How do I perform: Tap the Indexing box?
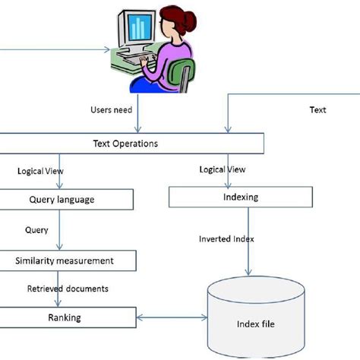pos(242,197)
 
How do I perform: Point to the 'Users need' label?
pos(111,110)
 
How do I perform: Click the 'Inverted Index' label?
pos(226,238)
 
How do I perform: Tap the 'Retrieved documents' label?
pos(68,289)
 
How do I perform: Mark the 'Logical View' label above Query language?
pos(39,171)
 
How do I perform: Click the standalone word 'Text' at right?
pos(317,110)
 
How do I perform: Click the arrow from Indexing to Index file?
pos(247,243)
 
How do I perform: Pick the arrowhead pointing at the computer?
pos(109,52)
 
